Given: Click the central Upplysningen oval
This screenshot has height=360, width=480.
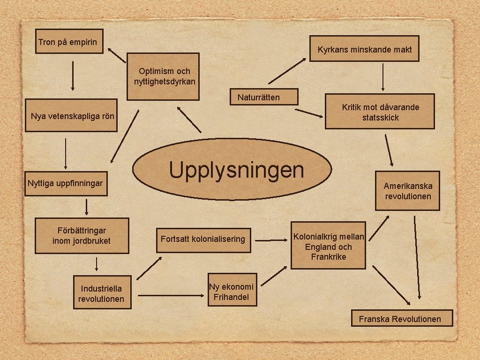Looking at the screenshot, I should point(232,169).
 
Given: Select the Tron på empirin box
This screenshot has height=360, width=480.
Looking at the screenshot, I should point(70,41).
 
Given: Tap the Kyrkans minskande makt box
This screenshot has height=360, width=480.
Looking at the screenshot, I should point(364,49).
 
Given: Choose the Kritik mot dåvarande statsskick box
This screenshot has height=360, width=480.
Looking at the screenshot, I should point(380,112).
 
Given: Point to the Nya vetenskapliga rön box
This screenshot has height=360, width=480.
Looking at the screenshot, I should point(71,115).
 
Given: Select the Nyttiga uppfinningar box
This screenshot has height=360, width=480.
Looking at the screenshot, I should point(65,182).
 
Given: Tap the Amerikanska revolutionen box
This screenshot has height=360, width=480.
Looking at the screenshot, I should point(407,191).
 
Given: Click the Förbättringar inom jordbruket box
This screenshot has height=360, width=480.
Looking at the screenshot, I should point(82,236).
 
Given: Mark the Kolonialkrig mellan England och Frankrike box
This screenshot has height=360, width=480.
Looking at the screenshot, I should point(328,246).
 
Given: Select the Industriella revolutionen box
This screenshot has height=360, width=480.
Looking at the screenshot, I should point(102,293).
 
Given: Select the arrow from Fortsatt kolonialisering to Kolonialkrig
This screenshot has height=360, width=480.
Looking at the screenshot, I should point(273,241).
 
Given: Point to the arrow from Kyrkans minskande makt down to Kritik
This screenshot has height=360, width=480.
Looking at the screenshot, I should point(383,77).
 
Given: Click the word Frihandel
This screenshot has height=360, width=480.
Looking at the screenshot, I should point(231,297).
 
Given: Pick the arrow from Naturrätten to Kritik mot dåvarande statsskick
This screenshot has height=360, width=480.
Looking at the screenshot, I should point(309,113).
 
